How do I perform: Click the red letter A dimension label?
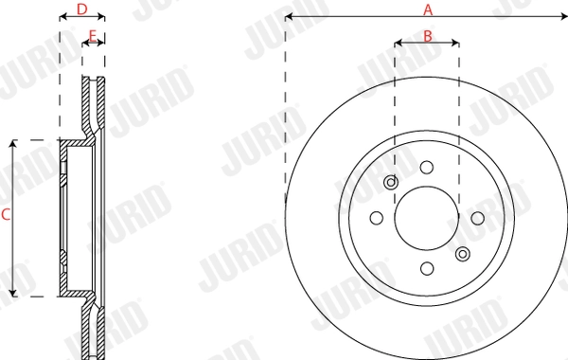point(427,9)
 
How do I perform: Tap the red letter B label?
point(427,36)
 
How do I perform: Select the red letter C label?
point(6,216)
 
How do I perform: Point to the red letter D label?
point(81,9)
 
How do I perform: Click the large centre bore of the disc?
point(427,217)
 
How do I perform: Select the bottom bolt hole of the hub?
point(427,269)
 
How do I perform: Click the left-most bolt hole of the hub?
point(376,217)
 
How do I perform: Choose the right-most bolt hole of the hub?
point(477,217)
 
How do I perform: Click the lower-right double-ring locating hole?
point(462,253)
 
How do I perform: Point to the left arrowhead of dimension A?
point(289,17)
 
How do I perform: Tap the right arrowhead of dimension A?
point(564,17)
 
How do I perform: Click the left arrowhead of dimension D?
point(62,17)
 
